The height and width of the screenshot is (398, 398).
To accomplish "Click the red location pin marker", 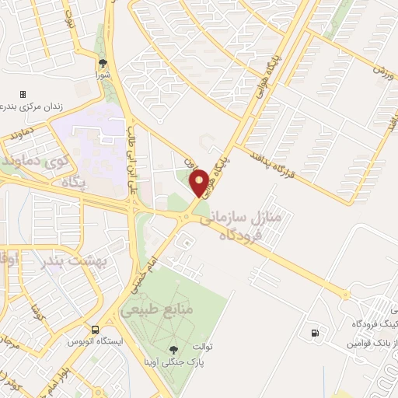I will pyautogui.click(x=199, y=183).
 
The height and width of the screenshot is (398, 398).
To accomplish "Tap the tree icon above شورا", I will pyautogui.click(x=103, y=64).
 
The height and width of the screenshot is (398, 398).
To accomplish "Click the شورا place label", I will pyautogui.click(x=103, y=76).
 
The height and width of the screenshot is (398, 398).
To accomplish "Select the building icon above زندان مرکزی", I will pyautogui.click(x=23, y=93).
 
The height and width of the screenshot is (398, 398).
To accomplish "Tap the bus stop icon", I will pyautogui.click(x=94, y=330).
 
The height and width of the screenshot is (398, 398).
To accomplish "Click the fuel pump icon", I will pyautogui.click(x=314, y=334).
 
